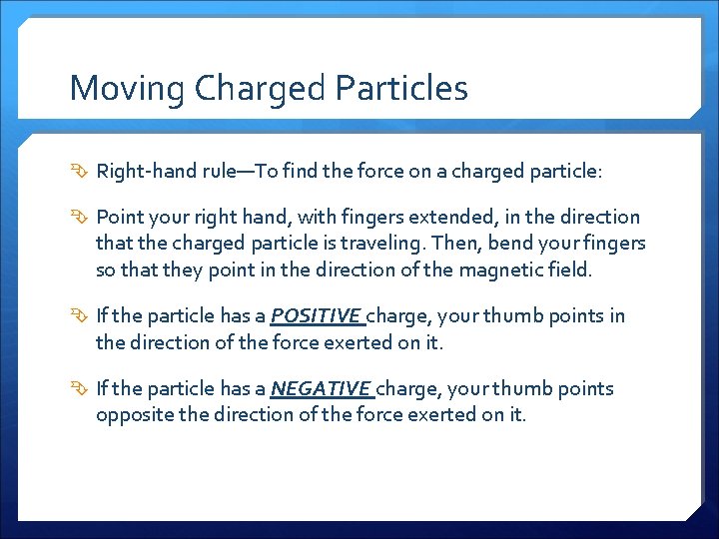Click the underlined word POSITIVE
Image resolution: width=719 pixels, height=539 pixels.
(x=317, y=316)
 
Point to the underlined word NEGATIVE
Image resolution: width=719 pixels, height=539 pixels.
(x=321, y=388)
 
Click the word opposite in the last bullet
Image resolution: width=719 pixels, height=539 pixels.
(x=135, y=413)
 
